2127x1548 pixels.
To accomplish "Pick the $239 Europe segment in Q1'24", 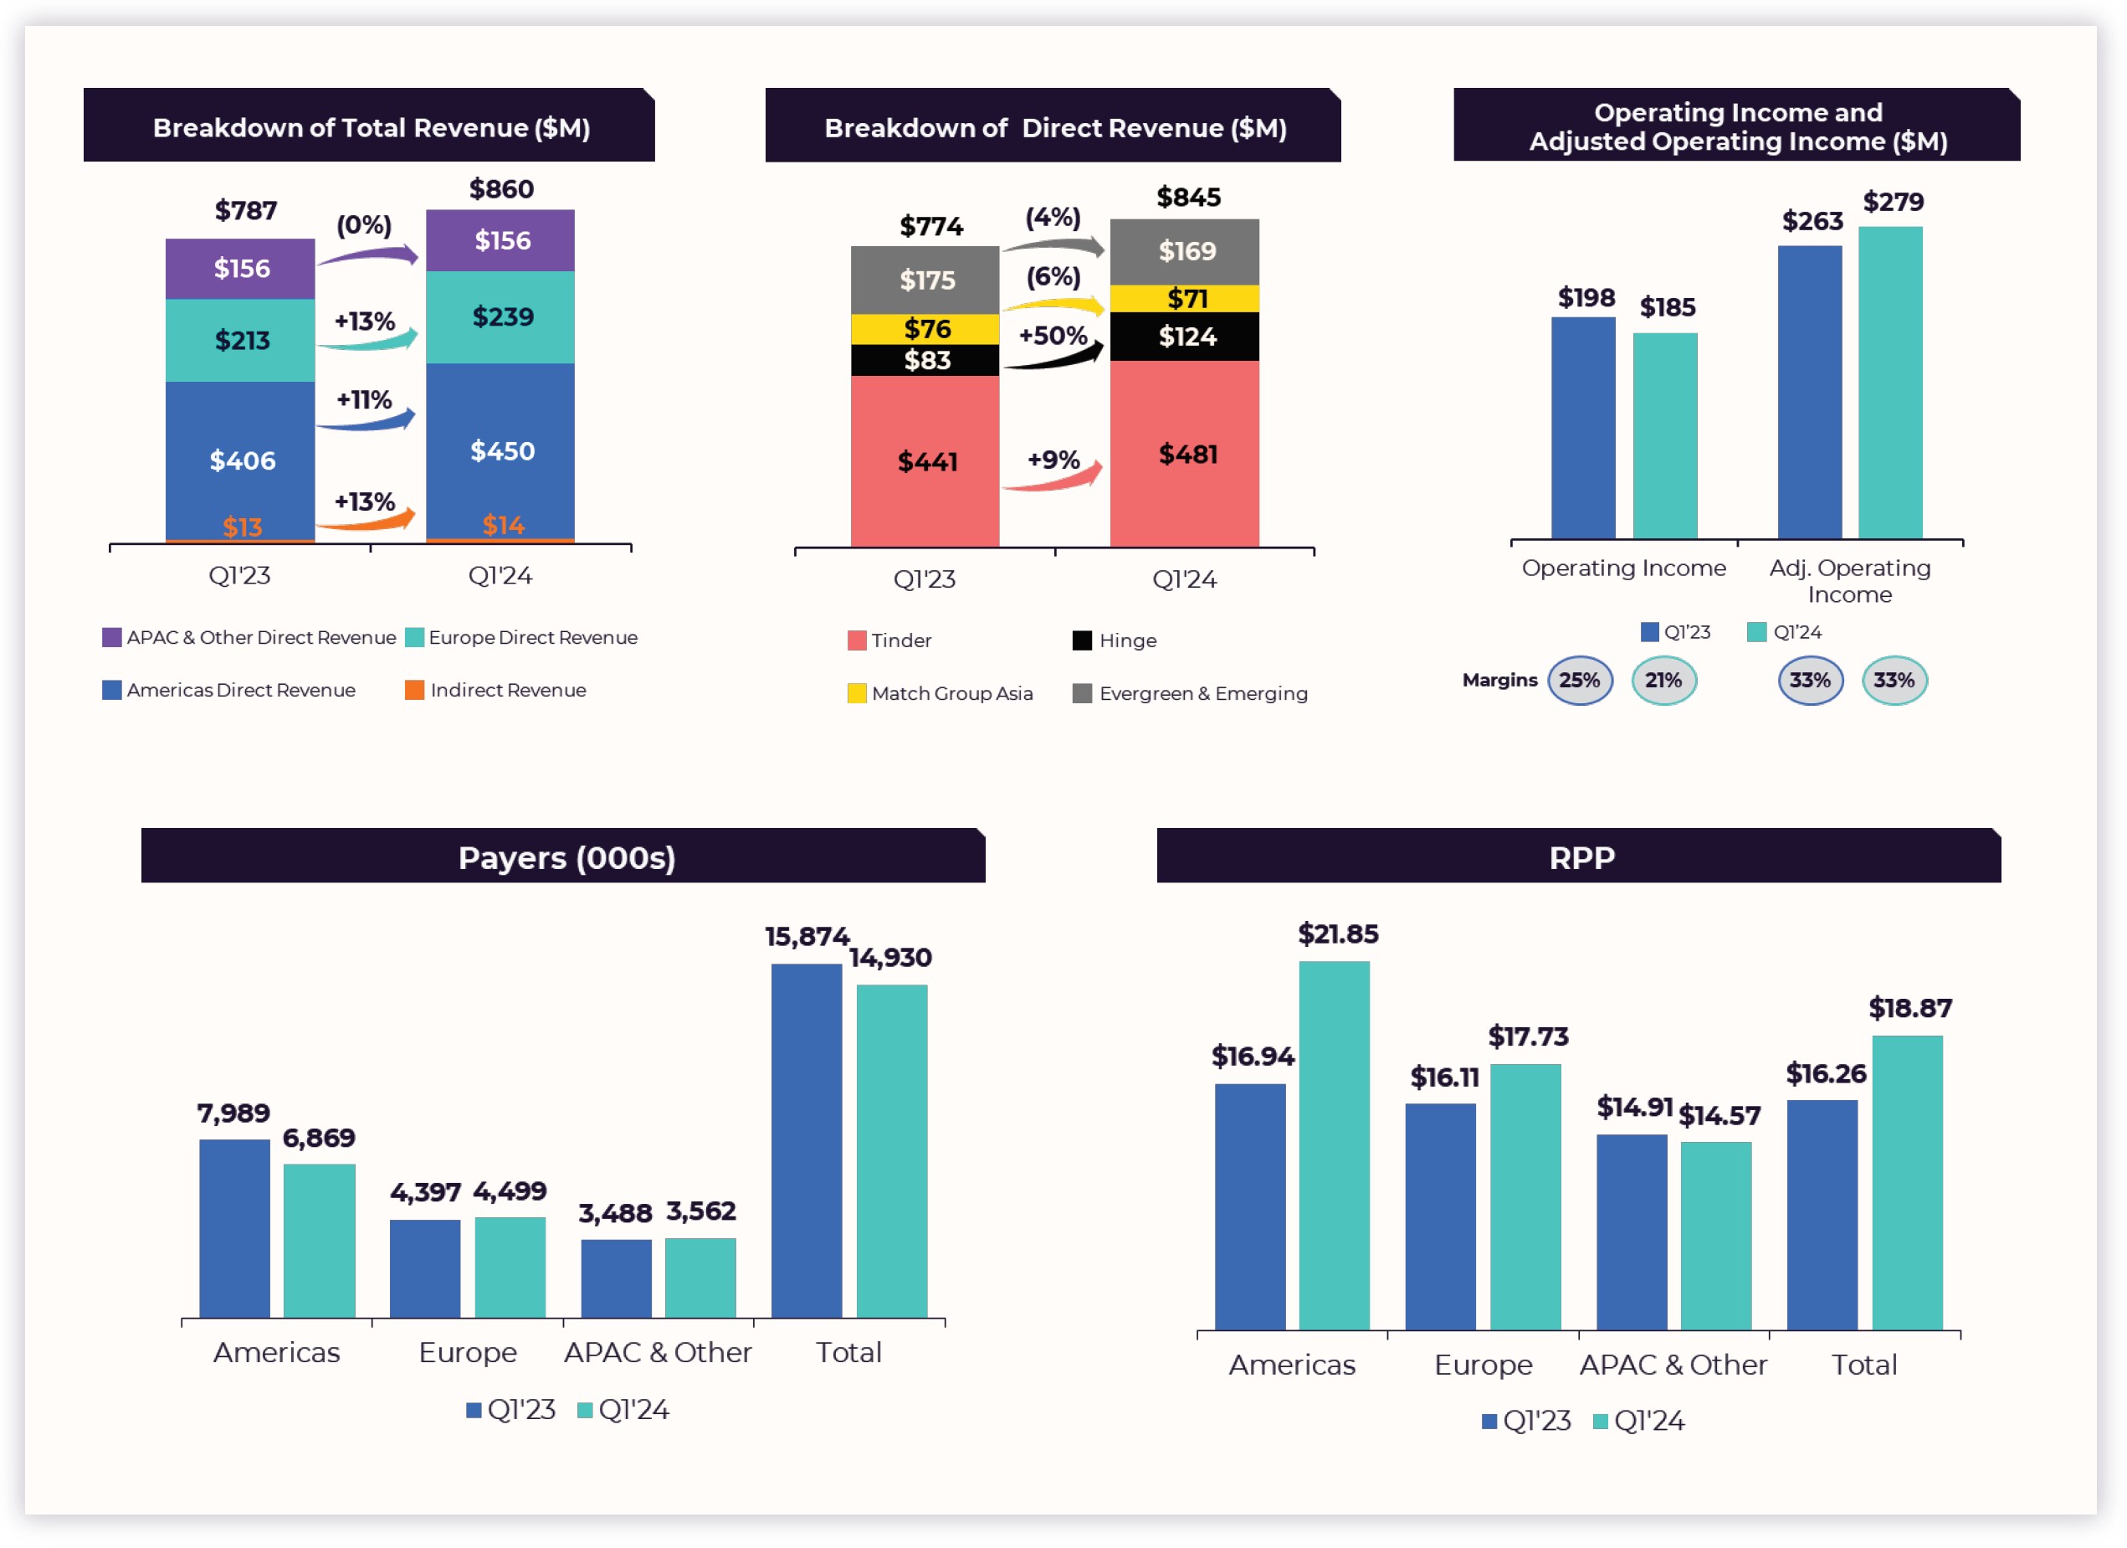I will pyautogui.click(x=501, y=317).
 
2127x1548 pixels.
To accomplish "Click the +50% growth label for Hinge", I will pyautogui.click(x=1053, y=336).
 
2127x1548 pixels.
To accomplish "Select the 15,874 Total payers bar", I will pyautogui.click(x=807, y=1140).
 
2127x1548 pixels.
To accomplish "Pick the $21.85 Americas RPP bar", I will pyautogui.click(x=1334, y=1144).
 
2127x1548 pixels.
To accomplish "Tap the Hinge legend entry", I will pyautogui.click(x=1116, y=640).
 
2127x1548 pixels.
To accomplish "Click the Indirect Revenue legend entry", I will pyautogui.click(x=496, y=691).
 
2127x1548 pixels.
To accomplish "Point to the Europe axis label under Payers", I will pyautogui.click(x=467, y=1352).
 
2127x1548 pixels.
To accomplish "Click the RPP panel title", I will pyautogui.click(x=1581, y=857).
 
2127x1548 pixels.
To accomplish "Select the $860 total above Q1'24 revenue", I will pyautogui.click(x=501, y=189).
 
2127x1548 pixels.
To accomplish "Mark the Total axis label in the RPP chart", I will pyautogui.click(x=1863, y=1364).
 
